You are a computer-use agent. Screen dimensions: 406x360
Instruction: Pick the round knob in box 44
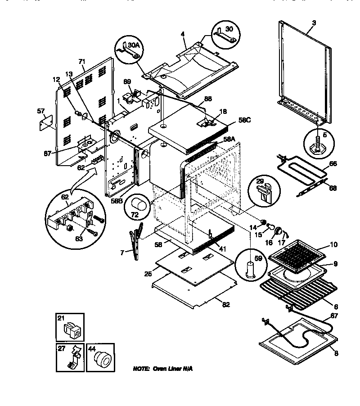[x=101, y=360]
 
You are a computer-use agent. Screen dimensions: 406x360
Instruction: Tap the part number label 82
[x=226, y=305]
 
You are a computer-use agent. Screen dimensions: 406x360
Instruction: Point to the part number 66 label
[x=333, y=164]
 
